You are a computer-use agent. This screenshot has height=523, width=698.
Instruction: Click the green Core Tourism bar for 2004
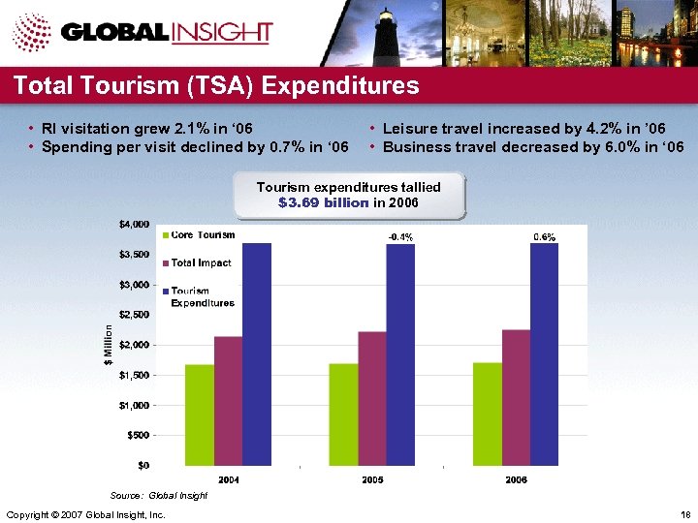pyautogui.click(x=199, y=415)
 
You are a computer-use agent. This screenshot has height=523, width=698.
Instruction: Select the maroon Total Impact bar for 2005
pyautogui.click(x=344, y=398)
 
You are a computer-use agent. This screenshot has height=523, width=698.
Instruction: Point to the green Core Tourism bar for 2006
pyautogui.click(x=488, y=414)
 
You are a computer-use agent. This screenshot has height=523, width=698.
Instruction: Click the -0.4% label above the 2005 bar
pyautogui.click(x=400, y=236)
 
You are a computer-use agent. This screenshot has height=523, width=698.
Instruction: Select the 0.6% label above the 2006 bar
pyautogui.click(x=545, y=236)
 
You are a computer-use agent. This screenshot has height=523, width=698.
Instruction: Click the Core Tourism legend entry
pyautogui.click(x=203, y=235)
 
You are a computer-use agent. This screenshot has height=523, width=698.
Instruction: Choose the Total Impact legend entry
pyautogui.click(x=203, y=262)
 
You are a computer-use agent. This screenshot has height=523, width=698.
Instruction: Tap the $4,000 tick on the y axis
pyautogui.click(x=134, y=224)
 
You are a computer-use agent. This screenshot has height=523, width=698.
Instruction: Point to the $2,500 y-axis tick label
pyautogui.click(x=134, y=315)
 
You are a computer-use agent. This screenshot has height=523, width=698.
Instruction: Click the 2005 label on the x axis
pyautogui.click(x=372, y=480)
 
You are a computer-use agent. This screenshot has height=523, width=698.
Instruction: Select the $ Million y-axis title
pyautogui.click(x=109, y=344)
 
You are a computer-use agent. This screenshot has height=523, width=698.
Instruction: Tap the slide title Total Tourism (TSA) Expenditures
pyautogui.click(x=216, y=86)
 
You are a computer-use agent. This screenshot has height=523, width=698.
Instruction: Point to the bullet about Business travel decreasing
pyautogui.click(x=532, y=147)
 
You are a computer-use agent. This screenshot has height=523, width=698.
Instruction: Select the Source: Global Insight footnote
pyautogui.click(x=159, y=495)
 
